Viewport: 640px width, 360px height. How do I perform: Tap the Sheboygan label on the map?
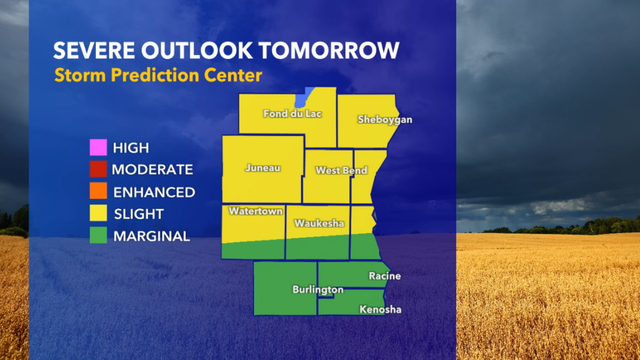pos(385,120)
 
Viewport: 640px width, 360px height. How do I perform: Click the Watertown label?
pos(253,212)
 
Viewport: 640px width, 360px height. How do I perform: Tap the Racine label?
pos(384,275)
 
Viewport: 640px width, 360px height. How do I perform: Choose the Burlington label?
pos(318,290)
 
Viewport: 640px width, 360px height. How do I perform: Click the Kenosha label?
pos(380,310)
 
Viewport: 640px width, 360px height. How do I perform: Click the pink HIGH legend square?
pos(97,148)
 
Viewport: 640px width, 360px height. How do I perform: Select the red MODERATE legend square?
pos(97,170)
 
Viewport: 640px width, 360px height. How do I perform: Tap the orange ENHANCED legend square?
pos(97,192)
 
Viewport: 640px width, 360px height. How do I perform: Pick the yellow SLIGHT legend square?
pos(97,214)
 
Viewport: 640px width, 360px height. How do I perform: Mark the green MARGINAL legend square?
pos(97,236)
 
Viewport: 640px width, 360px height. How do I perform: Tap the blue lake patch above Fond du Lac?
pos(301,98)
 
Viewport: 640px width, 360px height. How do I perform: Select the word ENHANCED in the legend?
pos(153,192)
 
